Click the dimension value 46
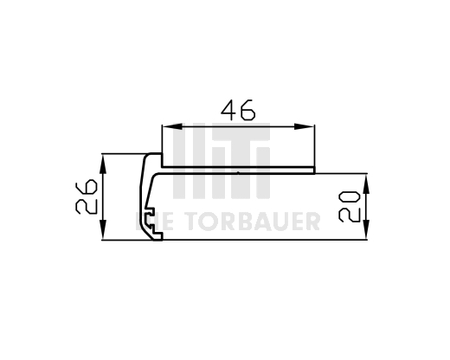(x=238, y=111)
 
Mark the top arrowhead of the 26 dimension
(x=102, y=161)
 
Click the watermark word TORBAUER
(x=252, y=222)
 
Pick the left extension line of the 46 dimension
(x=162, y=143)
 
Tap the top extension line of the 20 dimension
(x=346, y=172)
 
